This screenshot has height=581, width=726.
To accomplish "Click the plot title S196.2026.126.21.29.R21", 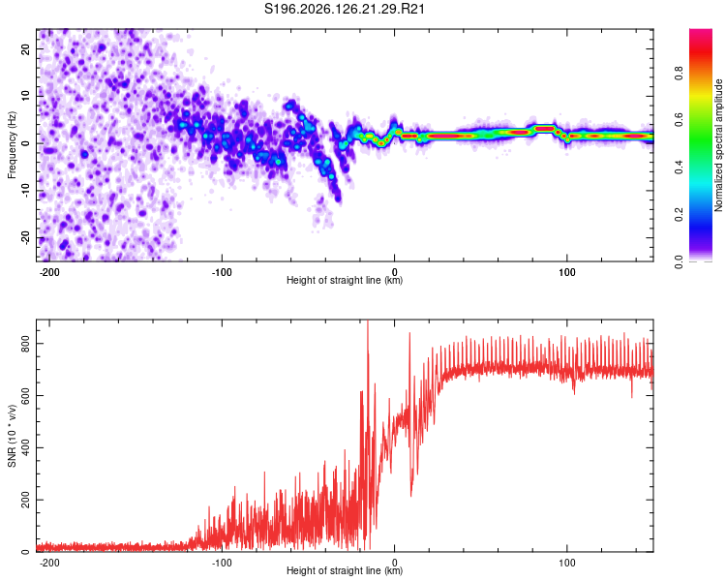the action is coord(345,9).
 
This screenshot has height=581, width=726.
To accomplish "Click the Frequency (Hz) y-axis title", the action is coord(12,145).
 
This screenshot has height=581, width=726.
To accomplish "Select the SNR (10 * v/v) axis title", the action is coord(12,436).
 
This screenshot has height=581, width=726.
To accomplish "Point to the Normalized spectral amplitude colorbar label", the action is coord(718,145).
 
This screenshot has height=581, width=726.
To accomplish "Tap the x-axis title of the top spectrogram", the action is coord(345,280).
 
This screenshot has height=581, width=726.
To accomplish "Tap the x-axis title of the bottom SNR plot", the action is coord(345,570).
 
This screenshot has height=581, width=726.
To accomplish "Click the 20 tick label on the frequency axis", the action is coord(26,49).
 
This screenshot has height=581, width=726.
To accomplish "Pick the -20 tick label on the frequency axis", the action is coord(26,238).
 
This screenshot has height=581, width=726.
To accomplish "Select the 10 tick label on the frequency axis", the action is coord(26,96).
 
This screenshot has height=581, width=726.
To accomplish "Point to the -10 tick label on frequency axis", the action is coord(26,191).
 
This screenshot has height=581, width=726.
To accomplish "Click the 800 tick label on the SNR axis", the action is coord(26,344).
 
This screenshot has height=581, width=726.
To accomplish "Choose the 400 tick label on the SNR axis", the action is coord(26,448).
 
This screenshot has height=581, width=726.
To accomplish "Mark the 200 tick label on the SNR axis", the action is coord(26,501).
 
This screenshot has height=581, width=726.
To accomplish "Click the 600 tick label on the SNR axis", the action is coord(26,396).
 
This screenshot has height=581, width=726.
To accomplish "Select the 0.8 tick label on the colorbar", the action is coord(679,74).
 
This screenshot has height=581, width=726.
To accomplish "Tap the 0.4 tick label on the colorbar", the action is coord(679,168).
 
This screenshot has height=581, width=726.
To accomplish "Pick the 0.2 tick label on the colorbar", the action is coord(679,215).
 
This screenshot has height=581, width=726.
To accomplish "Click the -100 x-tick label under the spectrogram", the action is coord(222,272).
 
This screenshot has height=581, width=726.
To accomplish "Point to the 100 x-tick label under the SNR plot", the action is coord(566,563).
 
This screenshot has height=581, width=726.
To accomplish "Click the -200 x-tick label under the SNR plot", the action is coord(49,563).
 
